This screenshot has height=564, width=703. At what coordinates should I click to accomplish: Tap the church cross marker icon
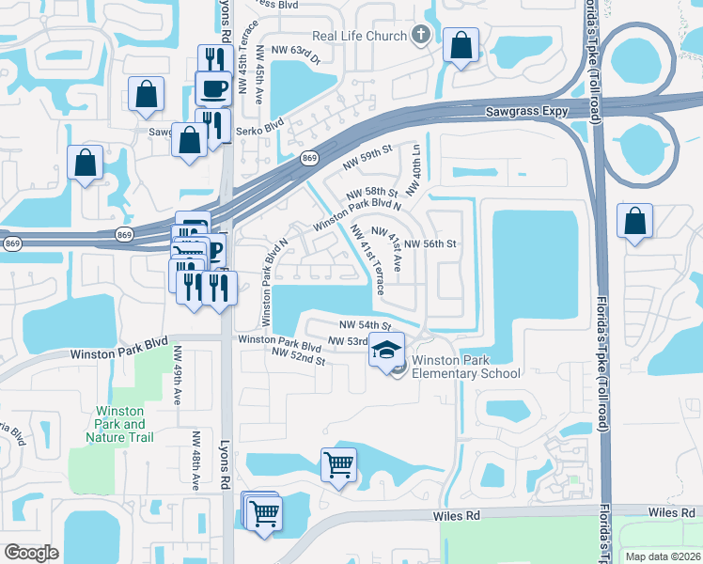[420, 37]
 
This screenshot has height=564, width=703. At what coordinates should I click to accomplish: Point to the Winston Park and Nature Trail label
[119, 424]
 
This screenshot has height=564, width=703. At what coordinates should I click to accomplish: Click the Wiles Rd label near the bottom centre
[457, 515]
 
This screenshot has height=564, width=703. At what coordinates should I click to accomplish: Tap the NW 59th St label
[367, 156]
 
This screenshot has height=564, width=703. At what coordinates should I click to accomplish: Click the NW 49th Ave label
[177, 375]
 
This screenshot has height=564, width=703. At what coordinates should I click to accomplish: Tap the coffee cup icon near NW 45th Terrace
[213, 88]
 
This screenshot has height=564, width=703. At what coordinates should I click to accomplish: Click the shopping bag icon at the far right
[635, 222]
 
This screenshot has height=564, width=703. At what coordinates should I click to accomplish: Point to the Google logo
[32, 553]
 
